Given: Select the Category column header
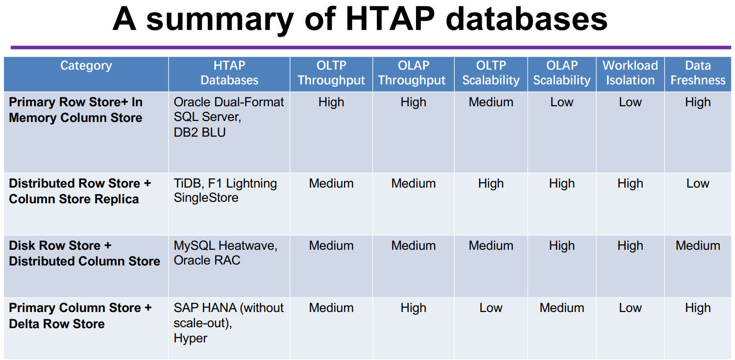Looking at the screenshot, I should point(86,66).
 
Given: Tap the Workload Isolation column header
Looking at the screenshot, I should point(630,73).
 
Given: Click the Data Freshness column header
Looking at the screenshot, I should point(698,73).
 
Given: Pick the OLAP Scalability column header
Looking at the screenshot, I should point(562,73).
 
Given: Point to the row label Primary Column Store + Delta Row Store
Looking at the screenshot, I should point(80,316).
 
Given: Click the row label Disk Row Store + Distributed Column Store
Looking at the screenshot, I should point(84,253).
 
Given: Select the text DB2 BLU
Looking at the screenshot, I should point(199,133).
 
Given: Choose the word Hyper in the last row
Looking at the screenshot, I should point(191,338).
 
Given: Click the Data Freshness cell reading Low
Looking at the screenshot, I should point(698,184).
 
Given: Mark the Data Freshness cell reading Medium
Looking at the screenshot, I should point(698,246).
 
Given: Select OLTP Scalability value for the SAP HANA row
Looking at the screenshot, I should point(491,308).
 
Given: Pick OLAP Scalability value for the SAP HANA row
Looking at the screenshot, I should point(562,308).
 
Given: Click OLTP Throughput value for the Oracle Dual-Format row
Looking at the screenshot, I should point(331,102).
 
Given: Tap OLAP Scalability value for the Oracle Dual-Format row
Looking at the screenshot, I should point(562,102).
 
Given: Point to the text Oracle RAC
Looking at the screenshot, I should point(207,261).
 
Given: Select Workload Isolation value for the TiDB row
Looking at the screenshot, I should point(630,184).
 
